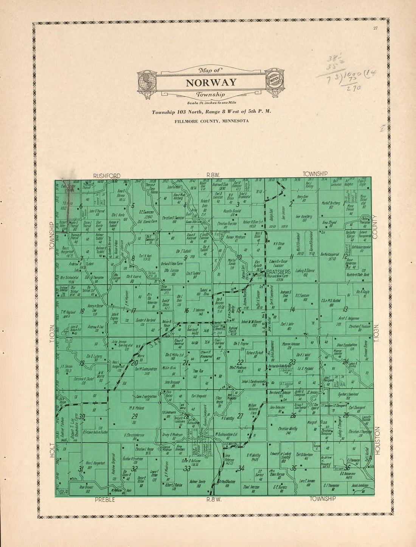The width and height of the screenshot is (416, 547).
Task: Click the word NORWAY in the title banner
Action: [211, 83]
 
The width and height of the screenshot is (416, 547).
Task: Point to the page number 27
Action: [375, 28]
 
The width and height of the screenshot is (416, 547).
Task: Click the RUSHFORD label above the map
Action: [107, 176]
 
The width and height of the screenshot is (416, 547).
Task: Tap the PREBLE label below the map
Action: [105, 500]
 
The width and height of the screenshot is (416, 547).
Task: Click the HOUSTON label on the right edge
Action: [378, 441]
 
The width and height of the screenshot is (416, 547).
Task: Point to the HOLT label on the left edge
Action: [53, 451]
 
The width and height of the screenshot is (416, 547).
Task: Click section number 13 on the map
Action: [345, 309]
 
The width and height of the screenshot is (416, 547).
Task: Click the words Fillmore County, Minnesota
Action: [211, 121]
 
